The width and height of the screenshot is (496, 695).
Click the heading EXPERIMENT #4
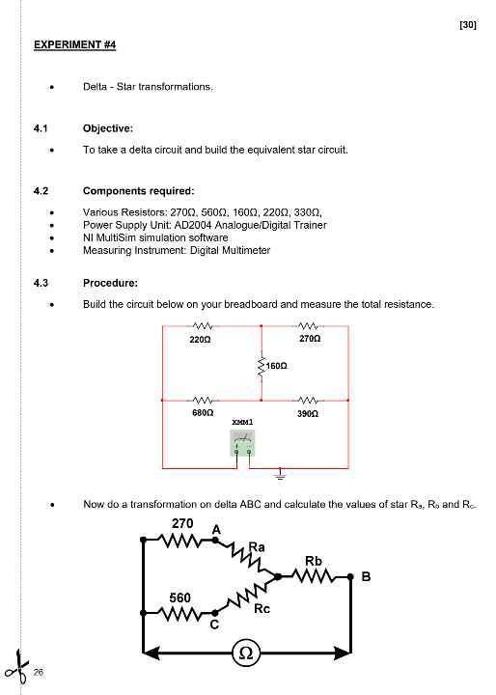75,44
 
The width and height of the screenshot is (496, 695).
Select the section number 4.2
41,190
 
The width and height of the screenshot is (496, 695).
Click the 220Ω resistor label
201,340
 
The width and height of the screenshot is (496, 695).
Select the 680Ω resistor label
202,412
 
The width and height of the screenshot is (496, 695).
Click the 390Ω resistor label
310,412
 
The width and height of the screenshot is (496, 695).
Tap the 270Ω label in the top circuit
310,340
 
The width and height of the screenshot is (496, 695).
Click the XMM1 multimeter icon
242,443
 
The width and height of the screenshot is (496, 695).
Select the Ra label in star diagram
257,546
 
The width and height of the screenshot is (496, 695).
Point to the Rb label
314,561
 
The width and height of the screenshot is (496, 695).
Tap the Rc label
262,608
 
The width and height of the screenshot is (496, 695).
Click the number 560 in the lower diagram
180,598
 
